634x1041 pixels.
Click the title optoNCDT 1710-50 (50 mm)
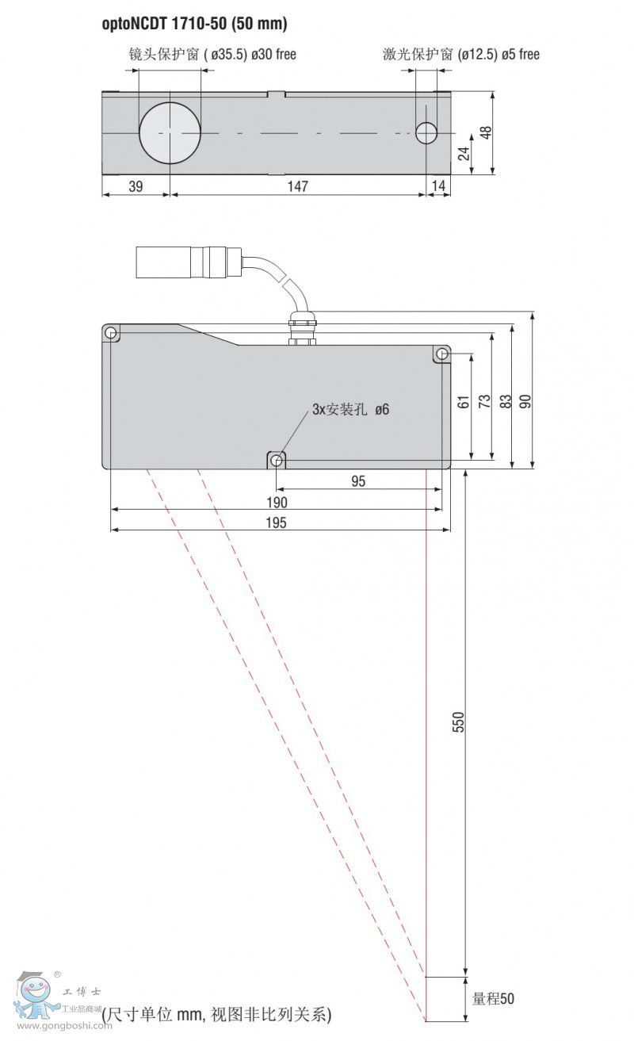pos(194,23)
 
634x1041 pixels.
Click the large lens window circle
pos(170,133)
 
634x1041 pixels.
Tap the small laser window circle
pos(426,133)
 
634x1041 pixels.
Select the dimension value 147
pos(297,186)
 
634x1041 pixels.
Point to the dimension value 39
pos(136,186)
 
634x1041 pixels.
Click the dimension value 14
pos(438,186)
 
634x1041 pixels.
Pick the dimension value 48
pos(486,133)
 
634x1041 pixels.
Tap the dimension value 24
pos(464,154)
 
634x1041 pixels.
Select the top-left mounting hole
pos(111,333)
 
